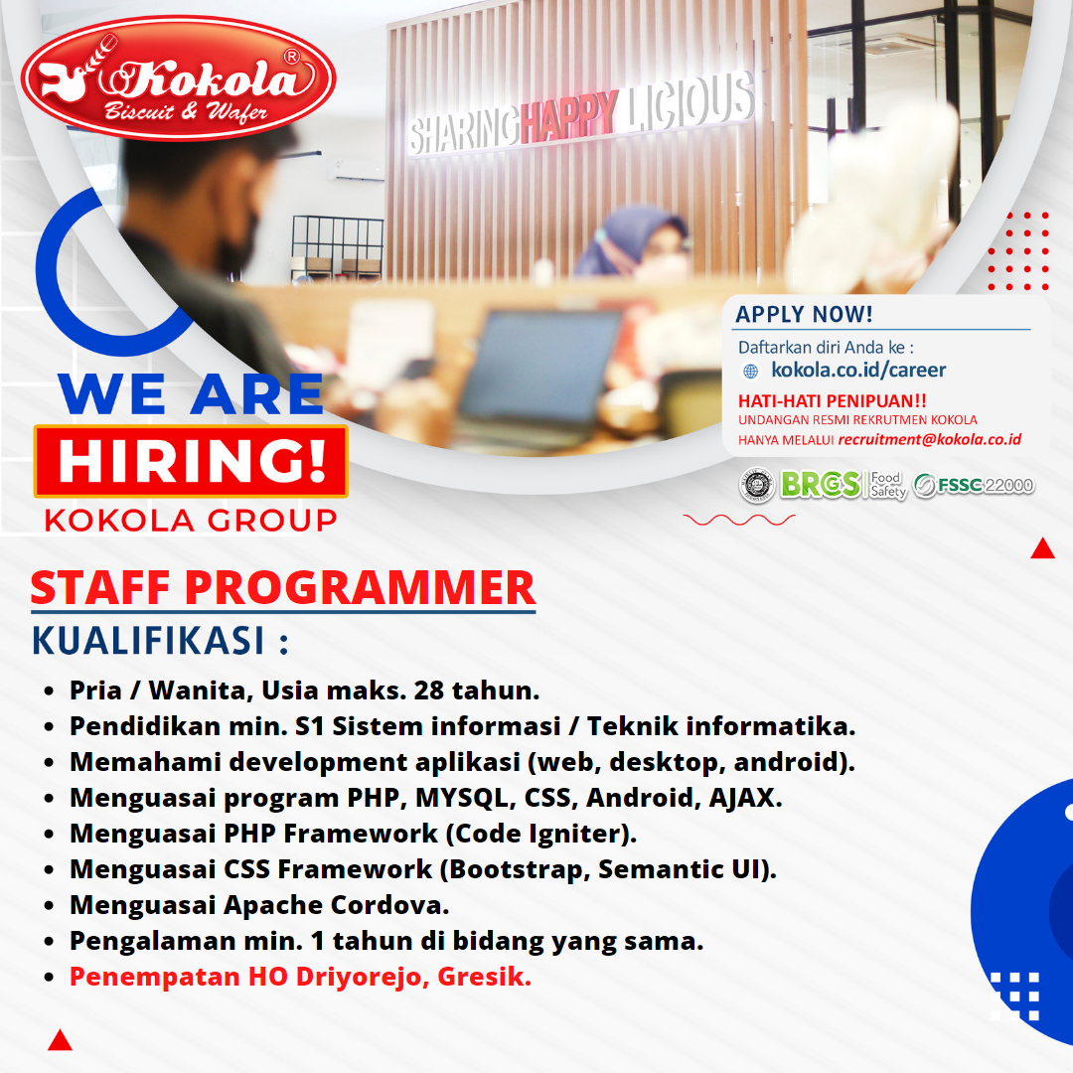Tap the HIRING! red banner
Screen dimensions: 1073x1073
191,462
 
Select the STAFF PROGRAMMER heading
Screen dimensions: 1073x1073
282,587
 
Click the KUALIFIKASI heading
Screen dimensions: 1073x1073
159,641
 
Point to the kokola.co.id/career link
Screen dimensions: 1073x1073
858,371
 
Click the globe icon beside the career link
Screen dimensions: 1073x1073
750,372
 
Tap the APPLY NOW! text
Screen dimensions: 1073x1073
804,315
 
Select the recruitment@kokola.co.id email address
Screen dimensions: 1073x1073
929,439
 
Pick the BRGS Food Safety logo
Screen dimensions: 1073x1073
843,485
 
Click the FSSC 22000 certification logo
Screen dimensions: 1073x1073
974,486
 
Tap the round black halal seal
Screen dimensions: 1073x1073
757,485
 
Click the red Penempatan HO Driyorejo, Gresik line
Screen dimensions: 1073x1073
300,977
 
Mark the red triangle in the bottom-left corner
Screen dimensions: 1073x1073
60,1040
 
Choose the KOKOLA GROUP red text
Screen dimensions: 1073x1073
190,520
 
